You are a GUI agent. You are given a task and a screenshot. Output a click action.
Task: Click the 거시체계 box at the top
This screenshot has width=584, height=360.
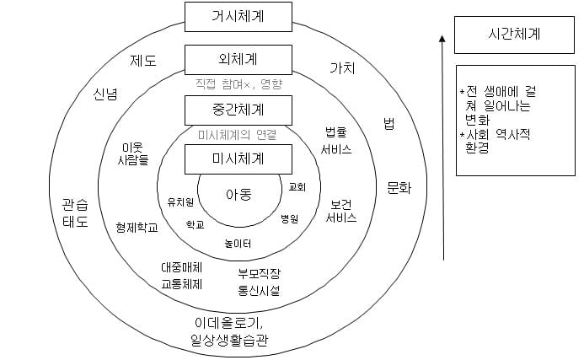[x=238, y=14]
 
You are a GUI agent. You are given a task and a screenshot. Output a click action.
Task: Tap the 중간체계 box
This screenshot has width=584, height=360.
[x=238, y=110]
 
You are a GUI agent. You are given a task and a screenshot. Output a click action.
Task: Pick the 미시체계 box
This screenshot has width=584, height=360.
[x=238, y=158]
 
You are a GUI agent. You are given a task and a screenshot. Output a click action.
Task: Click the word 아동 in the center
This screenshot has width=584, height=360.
[x=238, y=195]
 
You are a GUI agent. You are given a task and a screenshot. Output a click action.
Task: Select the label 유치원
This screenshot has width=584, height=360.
[x=181, y=201]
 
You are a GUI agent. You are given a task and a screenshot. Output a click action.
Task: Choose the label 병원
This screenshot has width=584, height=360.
[x=290, y=218]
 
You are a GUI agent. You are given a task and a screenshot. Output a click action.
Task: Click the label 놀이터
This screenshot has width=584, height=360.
[x=238, y=244]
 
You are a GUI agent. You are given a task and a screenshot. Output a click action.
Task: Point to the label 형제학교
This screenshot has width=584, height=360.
[x=137, y=227]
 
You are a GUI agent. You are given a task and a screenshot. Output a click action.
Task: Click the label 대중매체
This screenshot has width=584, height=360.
[x=182, y=267]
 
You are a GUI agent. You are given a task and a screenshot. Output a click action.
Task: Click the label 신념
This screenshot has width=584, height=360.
[x=105, y=94]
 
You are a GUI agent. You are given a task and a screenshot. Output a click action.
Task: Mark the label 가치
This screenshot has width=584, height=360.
[x=341, y=67]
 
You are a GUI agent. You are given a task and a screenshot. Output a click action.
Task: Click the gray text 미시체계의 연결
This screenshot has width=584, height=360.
[x=237, y=134]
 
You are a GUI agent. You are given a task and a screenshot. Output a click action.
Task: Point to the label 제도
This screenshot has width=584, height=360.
[x=142, y=61]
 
